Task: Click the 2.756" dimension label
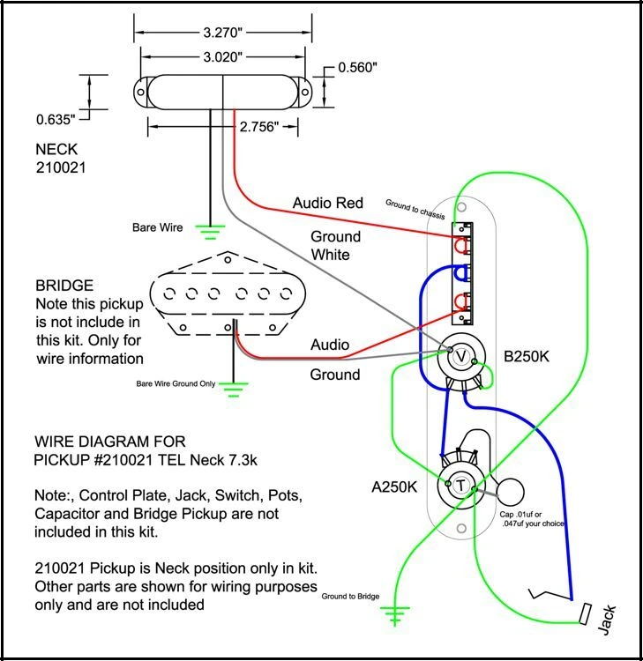259,127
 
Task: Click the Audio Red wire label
327,204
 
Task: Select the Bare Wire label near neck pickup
158,227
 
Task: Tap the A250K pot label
397,486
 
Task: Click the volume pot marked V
460,357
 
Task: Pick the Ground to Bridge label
351,597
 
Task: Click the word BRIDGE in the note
64,286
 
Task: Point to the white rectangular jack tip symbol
584,613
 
